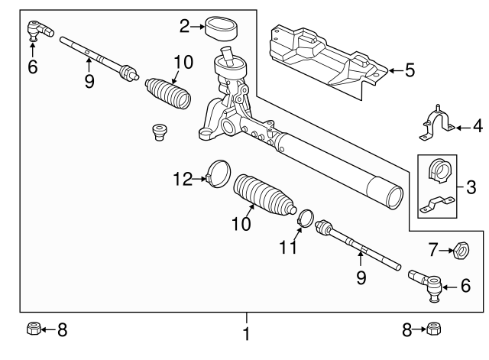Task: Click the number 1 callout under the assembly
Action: (246, 334)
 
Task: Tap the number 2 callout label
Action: (184, 26)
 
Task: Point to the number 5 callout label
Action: (410, 71)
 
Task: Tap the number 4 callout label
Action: (478, 125)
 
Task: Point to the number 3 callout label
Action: (470, 186)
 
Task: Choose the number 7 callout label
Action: (433, 248)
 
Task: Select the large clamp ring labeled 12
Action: (218, 171)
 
